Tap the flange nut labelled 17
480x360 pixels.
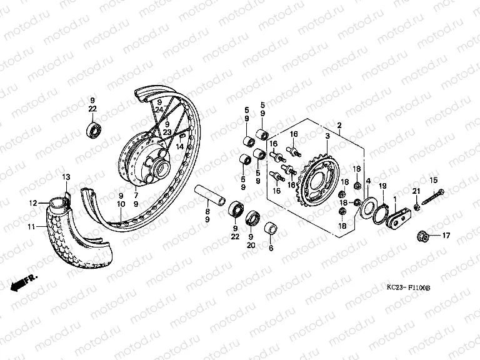click(x=422, y=236)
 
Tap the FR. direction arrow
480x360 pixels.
click(x=24, y=282)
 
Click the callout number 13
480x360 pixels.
click(x=66, y=177)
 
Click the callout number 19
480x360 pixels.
click(x=382, y=186)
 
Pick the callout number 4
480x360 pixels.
click(x=368, y=181)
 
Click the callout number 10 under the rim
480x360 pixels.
click(x=120, y=204)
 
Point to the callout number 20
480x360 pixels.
click(x=251, y=246)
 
